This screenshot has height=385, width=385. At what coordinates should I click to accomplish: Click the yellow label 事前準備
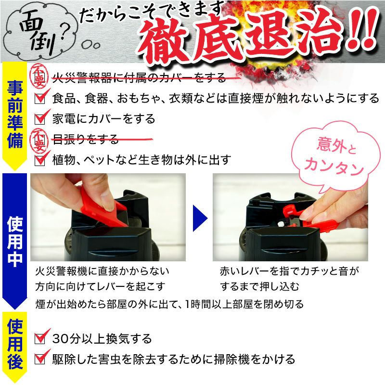tap(15, 115)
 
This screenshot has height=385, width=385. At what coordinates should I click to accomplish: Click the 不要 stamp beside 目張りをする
tap(39, 139)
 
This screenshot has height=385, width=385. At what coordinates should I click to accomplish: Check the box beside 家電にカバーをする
tap(41, 118)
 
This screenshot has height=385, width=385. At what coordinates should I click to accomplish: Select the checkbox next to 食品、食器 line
tap(41, 99)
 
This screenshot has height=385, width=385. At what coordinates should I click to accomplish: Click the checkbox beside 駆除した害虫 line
tap(41, 359)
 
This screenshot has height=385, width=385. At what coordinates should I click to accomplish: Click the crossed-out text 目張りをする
tap(85, 140)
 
